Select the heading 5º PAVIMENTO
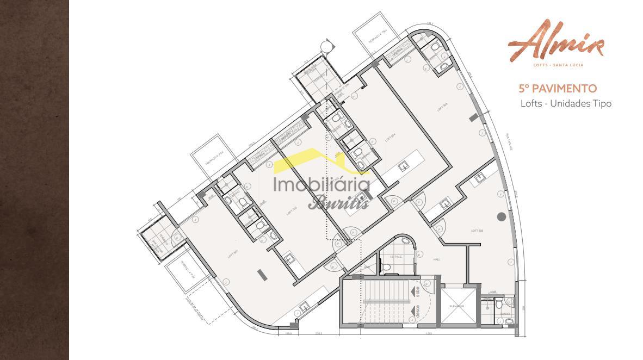point(558,88)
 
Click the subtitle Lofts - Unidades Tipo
point(566,103)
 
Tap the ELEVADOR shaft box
point(456,306)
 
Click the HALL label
point(436,260)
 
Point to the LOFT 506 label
point(477,231)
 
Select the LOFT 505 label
point(442,107)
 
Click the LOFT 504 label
point(390,138)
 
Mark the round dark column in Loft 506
point(501,216)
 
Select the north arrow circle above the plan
point(325,45)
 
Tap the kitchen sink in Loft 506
point(480,177)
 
